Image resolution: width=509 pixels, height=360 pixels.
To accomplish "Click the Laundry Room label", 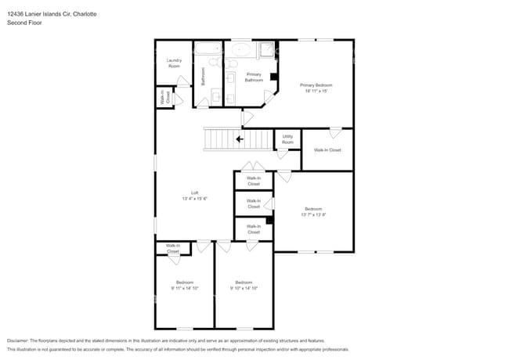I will pos(174,63).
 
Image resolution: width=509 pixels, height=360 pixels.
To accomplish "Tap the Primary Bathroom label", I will pos(254,77).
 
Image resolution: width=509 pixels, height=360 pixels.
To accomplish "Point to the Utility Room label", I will pos(287,139).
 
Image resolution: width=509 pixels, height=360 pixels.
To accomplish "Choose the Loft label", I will pos(194,193).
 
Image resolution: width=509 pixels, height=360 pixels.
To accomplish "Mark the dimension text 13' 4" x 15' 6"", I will pos(194,199).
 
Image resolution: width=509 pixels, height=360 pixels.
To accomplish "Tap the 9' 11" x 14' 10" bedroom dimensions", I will pos(184,288).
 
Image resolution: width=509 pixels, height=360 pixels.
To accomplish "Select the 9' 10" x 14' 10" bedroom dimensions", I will pos(244,288).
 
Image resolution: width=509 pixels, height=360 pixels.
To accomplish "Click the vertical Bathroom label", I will pos(203,76).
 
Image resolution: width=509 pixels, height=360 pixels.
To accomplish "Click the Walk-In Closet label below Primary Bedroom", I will pos(327,149).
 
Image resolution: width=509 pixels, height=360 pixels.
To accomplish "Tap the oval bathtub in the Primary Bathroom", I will pos(240,51).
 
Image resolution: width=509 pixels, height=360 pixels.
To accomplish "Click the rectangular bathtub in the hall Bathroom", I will pos(208,49).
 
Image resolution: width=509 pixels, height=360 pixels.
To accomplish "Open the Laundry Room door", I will pos(182,81).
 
